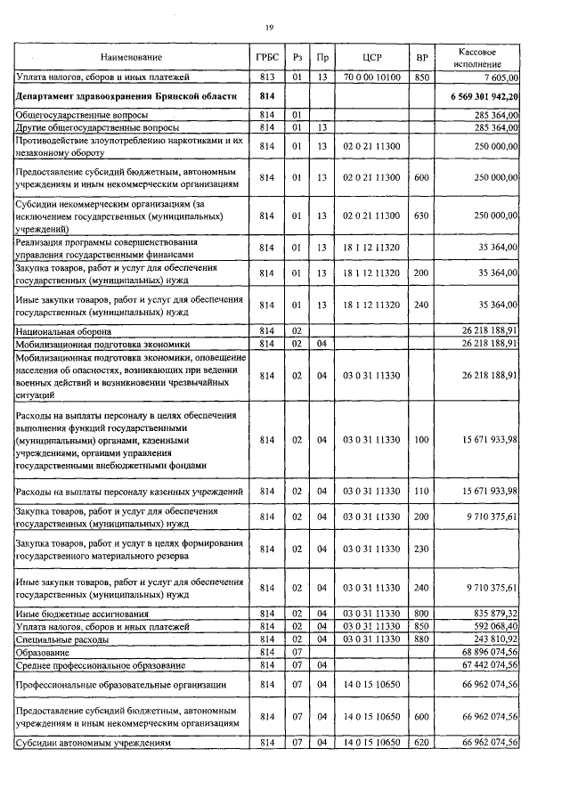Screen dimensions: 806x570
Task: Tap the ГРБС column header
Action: click(266, 57)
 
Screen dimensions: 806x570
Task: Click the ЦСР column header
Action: click(372, 57)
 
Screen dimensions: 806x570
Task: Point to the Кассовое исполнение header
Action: click(482, 57)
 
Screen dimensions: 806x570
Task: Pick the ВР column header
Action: click(421, 57)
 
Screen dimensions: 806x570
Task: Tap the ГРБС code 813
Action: click(266, 77)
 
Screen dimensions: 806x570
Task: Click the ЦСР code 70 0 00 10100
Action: click(371, 77)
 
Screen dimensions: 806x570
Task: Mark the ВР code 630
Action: click(421, 216)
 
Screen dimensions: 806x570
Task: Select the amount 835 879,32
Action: click(490, 615)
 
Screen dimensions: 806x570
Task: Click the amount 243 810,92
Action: click(490, 639)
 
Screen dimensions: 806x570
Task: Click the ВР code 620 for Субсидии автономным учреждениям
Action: click(421, 743)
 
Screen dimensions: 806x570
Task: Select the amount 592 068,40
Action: click(490, 627)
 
